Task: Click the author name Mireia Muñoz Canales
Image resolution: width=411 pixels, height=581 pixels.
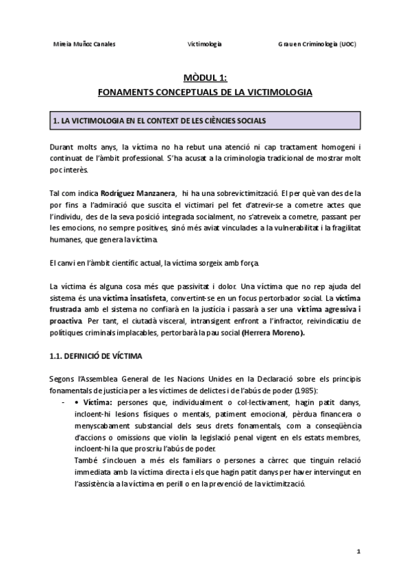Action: (84, 45)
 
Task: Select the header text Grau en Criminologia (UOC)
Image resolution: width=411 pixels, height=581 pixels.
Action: (317, 45)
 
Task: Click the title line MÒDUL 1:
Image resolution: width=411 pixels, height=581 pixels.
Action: (205, 78)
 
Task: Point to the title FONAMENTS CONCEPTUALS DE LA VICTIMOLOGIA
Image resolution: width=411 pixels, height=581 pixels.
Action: (206, 91)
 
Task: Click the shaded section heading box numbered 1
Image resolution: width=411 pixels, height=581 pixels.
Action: (205, 121)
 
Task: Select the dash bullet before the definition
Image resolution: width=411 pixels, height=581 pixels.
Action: (63, 402)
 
